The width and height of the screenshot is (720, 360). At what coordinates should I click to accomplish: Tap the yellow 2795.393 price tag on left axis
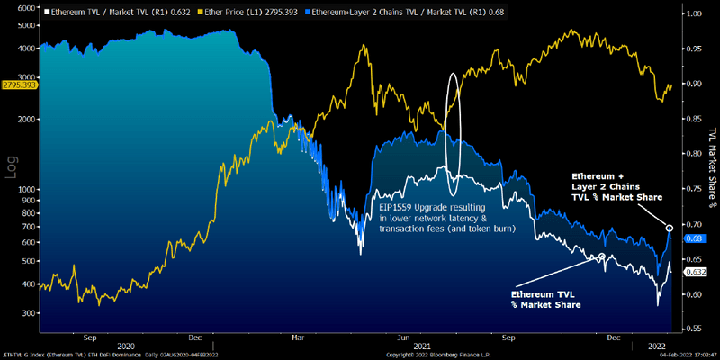(19, 85)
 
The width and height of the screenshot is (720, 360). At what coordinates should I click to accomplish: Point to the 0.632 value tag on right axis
(694, 271)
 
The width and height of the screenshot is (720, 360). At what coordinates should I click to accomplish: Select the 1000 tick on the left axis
(26, 190)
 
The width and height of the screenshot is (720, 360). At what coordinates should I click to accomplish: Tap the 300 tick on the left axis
(28, 312)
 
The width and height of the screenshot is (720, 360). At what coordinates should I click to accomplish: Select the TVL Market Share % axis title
(711, 171)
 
